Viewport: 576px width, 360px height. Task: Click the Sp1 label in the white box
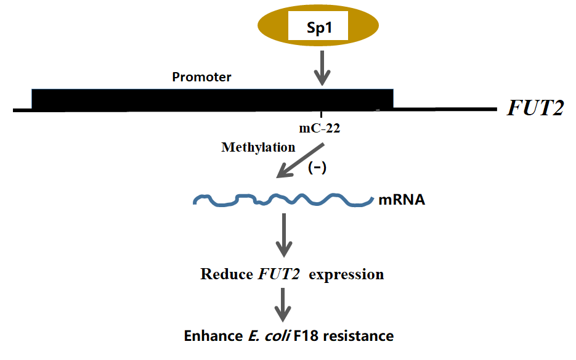pos(319,28)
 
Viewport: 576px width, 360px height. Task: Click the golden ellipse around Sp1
pos(271,28)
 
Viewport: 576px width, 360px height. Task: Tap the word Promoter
pos(201,77)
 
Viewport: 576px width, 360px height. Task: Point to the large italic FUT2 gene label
pos(535,108)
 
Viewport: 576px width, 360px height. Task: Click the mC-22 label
pos(320,129)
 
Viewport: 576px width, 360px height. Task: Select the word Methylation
pos(258,147)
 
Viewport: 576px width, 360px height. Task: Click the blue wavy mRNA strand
pos(283,200)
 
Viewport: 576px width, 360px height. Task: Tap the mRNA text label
pos(402,200)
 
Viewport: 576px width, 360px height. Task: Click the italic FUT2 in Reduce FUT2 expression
pos(278,274)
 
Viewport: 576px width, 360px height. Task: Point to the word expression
pos(346,274)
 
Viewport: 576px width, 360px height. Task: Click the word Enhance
pos(210,337)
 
